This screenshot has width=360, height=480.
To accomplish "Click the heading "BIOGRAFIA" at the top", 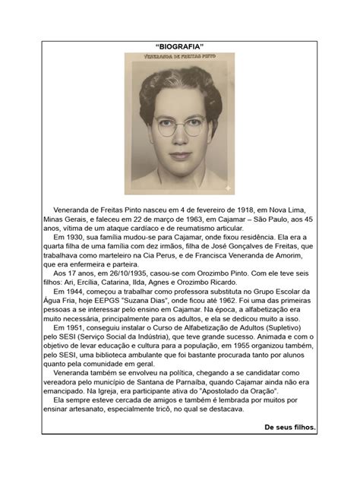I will (179, 46).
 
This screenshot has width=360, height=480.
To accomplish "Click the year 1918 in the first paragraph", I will (209, 207).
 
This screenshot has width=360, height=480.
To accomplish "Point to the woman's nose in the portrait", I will (180, 141).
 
